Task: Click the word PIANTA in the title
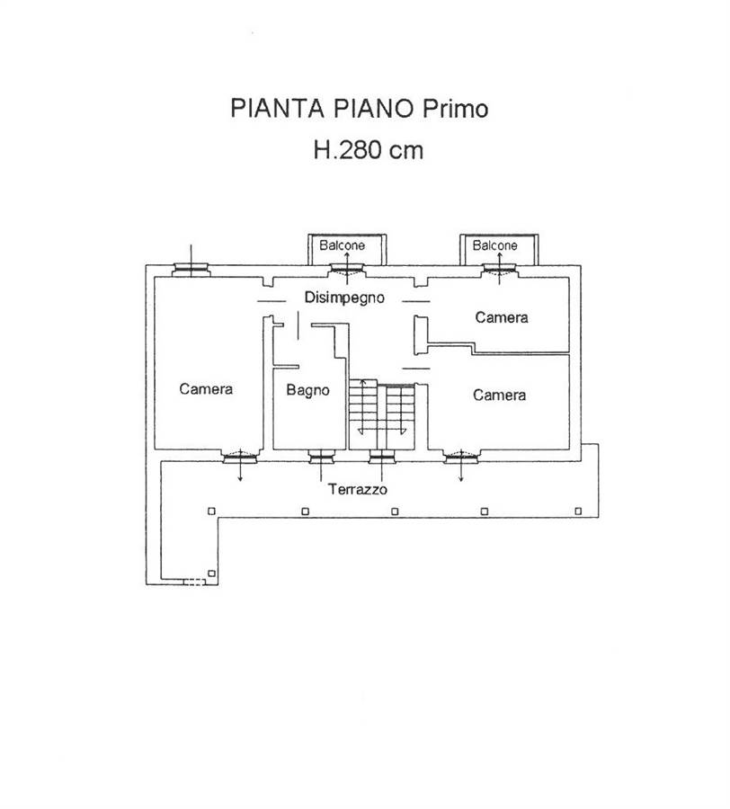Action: click(x=277, y=109)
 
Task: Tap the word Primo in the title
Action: click(x=456, y=109)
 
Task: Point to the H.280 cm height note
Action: click(x=369, y=150)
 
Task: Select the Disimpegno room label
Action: click(x=344, y=298)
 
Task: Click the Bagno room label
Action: click(x=308, y=390)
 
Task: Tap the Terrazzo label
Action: click(x=358, y=489)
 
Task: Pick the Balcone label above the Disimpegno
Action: click(x=342, y=245)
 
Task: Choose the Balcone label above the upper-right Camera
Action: click(x=494, y=245)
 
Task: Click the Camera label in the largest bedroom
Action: click(x=206, y=388)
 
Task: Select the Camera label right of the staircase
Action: click(x=499, y=396)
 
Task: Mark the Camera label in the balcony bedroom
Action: click(x=502, y=317)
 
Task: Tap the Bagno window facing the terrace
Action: click(x=322, y=456)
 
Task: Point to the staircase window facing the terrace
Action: click(x=382, y=456)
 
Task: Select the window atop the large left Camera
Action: click(x=191, y=270)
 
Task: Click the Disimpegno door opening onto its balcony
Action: click(x=347, y=270)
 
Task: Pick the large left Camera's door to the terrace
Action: click(x=240, y=456)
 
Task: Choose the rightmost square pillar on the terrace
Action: click(x=578, y=511)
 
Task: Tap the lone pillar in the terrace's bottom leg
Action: click(x=211, y=573)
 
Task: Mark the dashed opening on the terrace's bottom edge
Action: click(x=195, y=582)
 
